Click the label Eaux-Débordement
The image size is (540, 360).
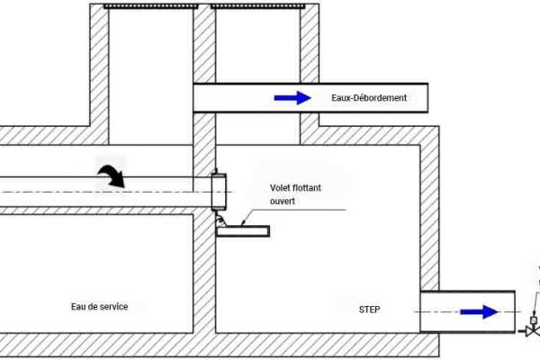pyautogui.click(x=369, y=97)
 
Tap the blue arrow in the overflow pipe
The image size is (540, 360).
pyautogui.click(x=292, y=98)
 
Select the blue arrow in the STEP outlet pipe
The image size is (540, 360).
pyautogui.click(x=479, y=311)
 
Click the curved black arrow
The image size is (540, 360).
pyautogui.click(x=112, y=175)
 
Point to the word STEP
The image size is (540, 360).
pyautogui.click(x=370, y=310)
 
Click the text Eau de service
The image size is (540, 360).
pyautogui.click(x=99, y=307)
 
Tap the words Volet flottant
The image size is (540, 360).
pyautogui.click(x=295, y=188)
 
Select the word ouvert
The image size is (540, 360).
pyautogui.click(x=283, y=201)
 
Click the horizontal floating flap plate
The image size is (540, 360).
pyautogui.click(x=243, y=231)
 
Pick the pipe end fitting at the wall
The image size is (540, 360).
pyautogui.click(x=219, y=192)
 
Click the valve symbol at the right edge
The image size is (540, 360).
pyautogui.click(x=533, y=331)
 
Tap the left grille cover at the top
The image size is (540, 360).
pyautogui.click(x=151, y=6)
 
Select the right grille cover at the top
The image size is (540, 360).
pyautogui.click(x=258, y=6)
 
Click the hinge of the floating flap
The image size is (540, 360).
pyautogui.click(x=220, y=220)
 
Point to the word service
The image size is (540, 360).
pyautogui.click(x=114, y=307)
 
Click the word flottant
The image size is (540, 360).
pyautogui.click(x=307, y=188)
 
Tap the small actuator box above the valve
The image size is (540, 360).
pyautogui.click(x=534, y=320)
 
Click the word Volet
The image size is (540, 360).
pyautogui.click(x=280, y=188)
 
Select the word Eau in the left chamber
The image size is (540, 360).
pyautogui.click(x=77, y=307)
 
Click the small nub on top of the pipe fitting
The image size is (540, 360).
pyautogui.click(x=216, y=171)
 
